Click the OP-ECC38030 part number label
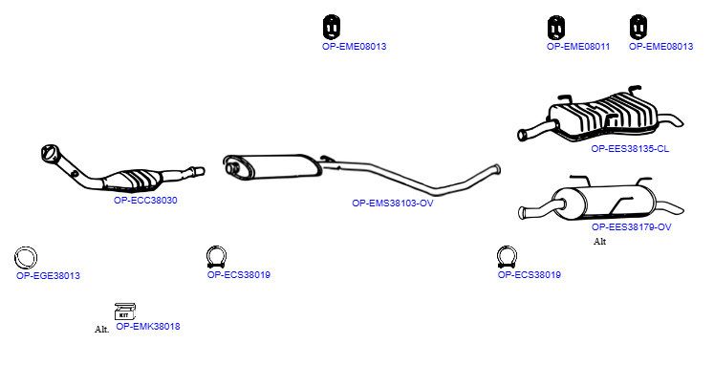145,201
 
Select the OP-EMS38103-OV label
393,203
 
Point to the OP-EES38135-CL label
630,148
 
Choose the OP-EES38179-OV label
632,226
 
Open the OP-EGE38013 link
48,276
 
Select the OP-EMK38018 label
148,327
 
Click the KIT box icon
125,311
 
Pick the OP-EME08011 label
578,47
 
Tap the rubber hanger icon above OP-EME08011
556,28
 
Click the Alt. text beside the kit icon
102,329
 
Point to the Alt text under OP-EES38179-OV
599,241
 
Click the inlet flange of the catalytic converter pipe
49,152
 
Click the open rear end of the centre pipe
498,170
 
